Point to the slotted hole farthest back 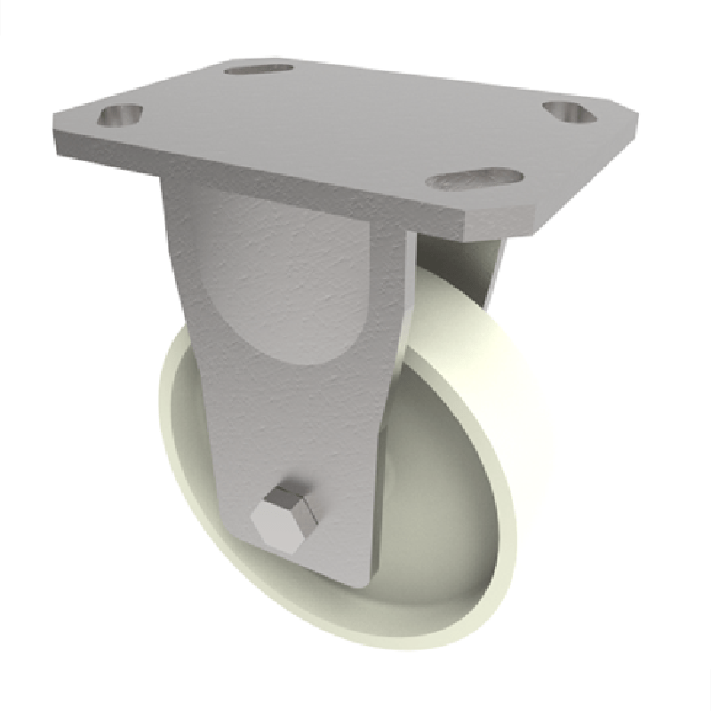click(259, 68)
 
